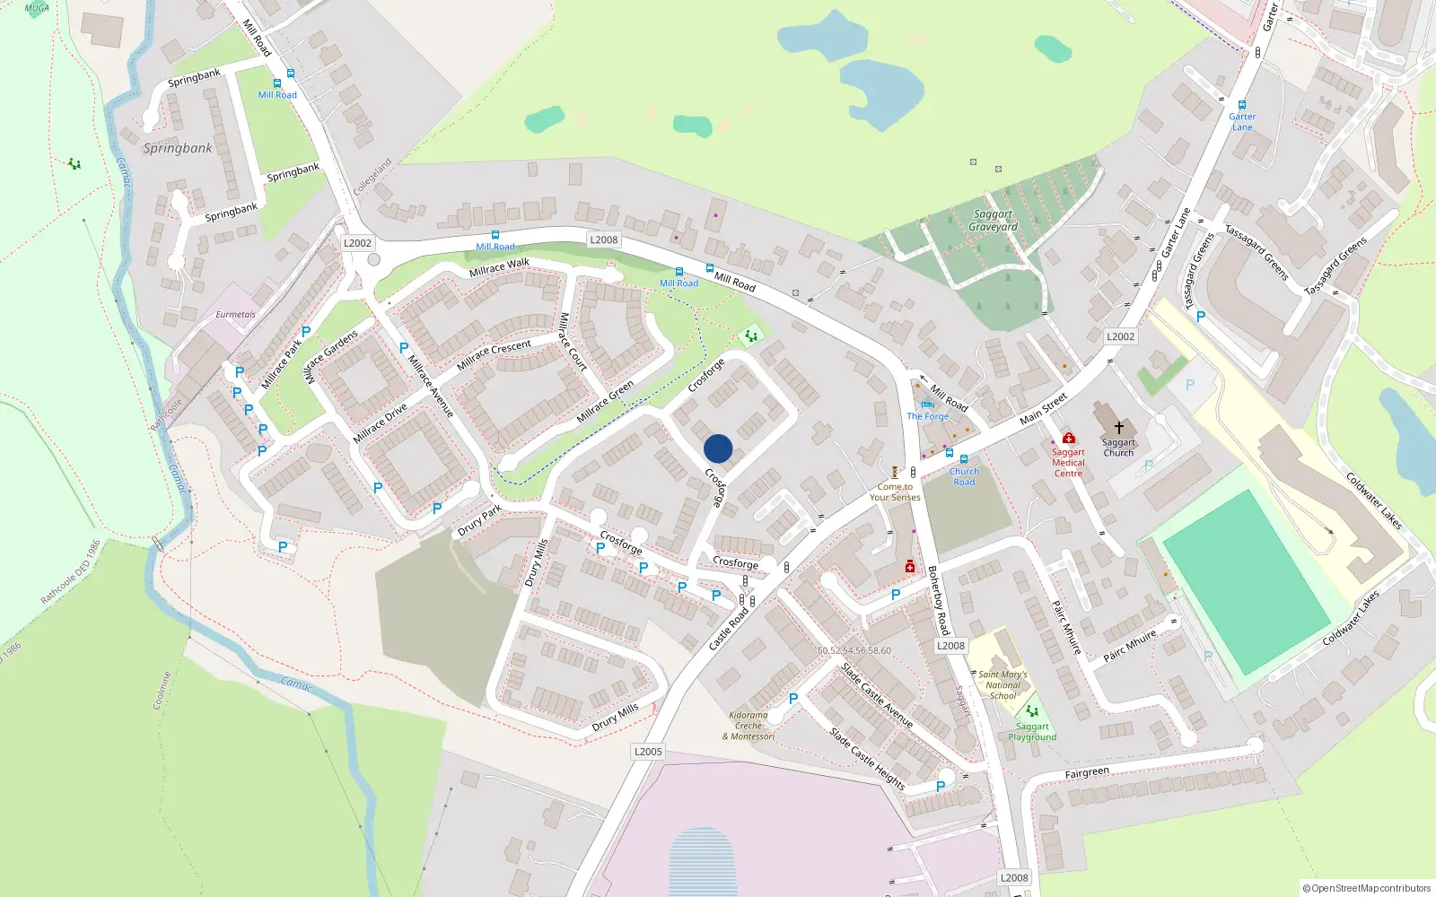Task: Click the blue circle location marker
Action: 718,448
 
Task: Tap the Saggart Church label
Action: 1118,448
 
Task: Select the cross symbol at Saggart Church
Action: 1118,428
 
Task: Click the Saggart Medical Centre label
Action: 1068,463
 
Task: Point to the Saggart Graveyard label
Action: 993,221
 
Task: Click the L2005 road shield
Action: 648,752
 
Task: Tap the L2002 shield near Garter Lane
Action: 1120,336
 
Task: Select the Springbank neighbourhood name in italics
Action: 178,148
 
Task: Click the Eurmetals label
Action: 235,315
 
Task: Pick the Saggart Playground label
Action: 1032,732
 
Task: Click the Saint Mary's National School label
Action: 1003,684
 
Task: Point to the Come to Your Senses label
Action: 895,492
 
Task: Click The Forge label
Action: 927,416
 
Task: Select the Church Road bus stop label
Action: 964,476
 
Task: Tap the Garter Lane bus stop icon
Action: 1242,105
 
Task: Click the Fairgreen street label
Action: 1087,772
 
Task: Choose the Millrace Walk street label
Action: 499,267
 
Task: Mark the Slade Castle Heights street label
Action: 866,759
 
